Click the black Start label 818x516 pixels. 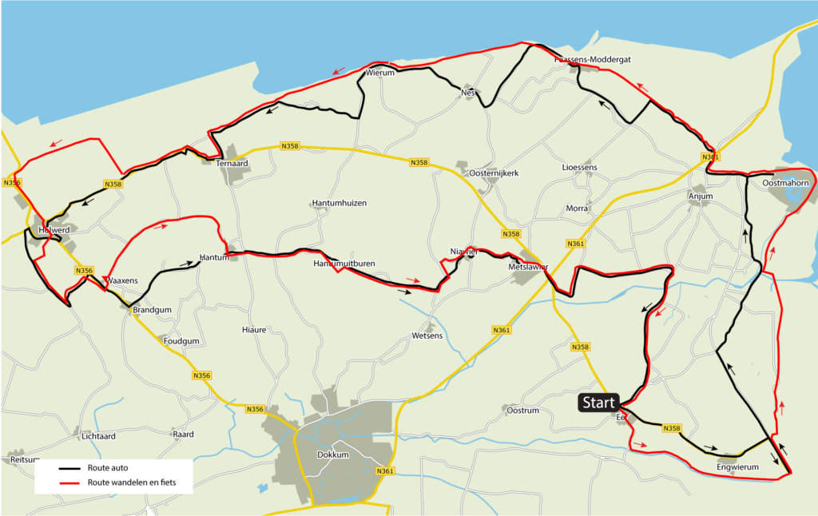[x=598, y=403]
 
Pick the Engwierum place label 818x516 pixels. [x=736, y=467]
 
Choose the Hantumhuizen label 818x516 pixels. [x=339, y=204]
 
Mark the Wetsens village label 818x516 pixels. [x=427, y=335]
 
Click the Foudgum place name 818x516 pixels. [x=181, y=341]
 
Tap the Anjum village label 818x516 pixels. [x=700, y=196]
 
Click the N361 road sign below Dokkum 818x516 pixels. [x=385, y=471]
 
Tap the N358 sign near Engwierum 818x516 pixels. [x=672, y=429]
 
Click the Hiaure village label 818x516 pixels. [x=254, y=329]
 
